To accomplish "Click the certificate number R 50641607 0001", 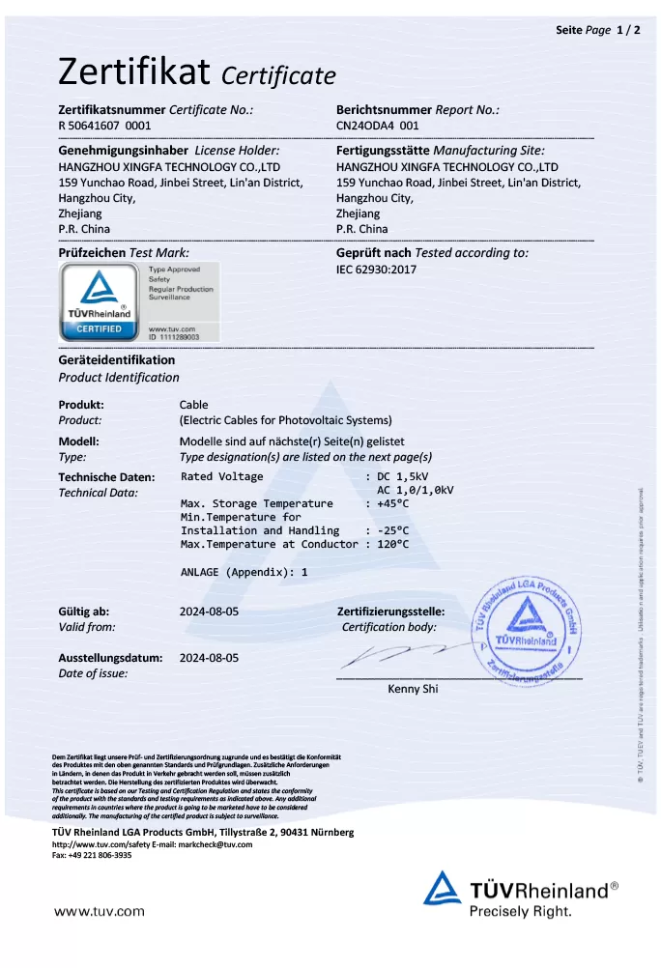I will (104, 126).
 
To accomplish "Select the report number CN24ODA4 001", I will (378, 126).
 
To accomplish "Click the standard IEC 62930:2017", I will (376, 270).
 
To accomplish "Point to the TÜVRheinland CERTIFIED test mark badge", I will (100, 300).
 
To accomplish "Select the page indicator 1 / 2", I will (628, 30).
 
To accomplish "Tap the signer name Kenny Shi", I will (413, 689).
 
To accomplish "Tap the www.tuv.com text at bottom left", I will (100, 911).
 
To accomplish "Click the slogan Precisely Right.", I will (520, 911).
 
